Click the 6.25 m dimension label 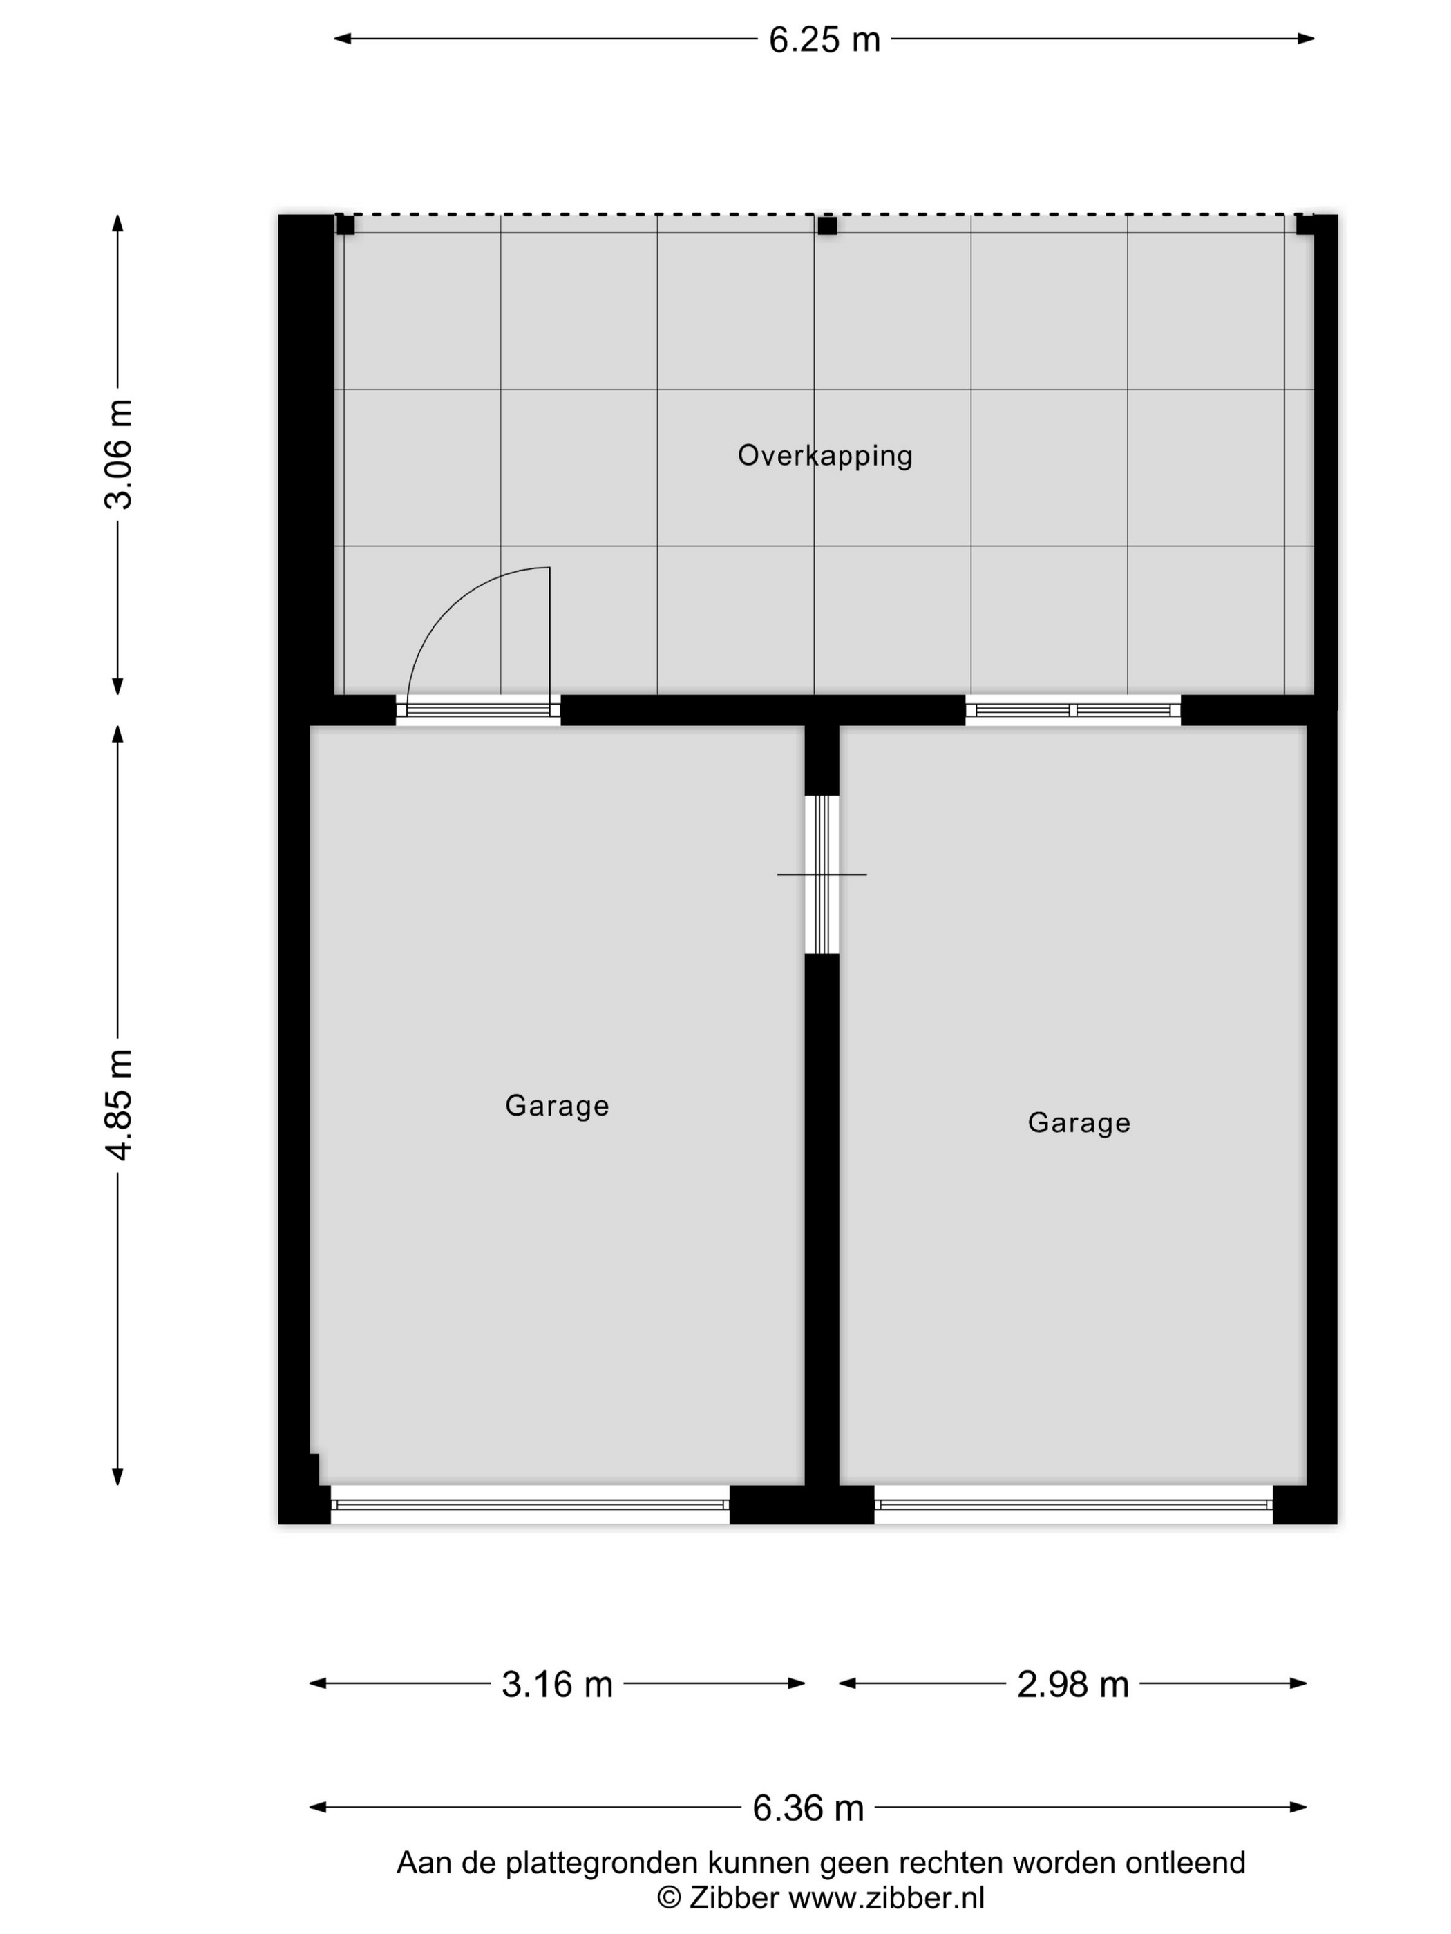824,40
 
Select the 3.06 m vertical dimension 119,454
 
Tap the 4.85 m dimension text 119,1105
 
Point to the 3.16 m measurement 557,1684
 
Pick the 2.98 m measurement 1072,1684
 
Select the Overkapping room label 825,455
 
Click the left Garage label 557,1106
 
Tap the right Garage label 1079,1122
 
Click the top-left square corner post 345,224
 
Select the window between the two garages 822,874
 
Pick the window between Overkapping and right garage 1073,710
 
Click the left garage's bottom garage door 530,1504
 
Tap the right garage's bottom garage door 1073,1504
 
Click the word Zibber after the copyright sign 734,1898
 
